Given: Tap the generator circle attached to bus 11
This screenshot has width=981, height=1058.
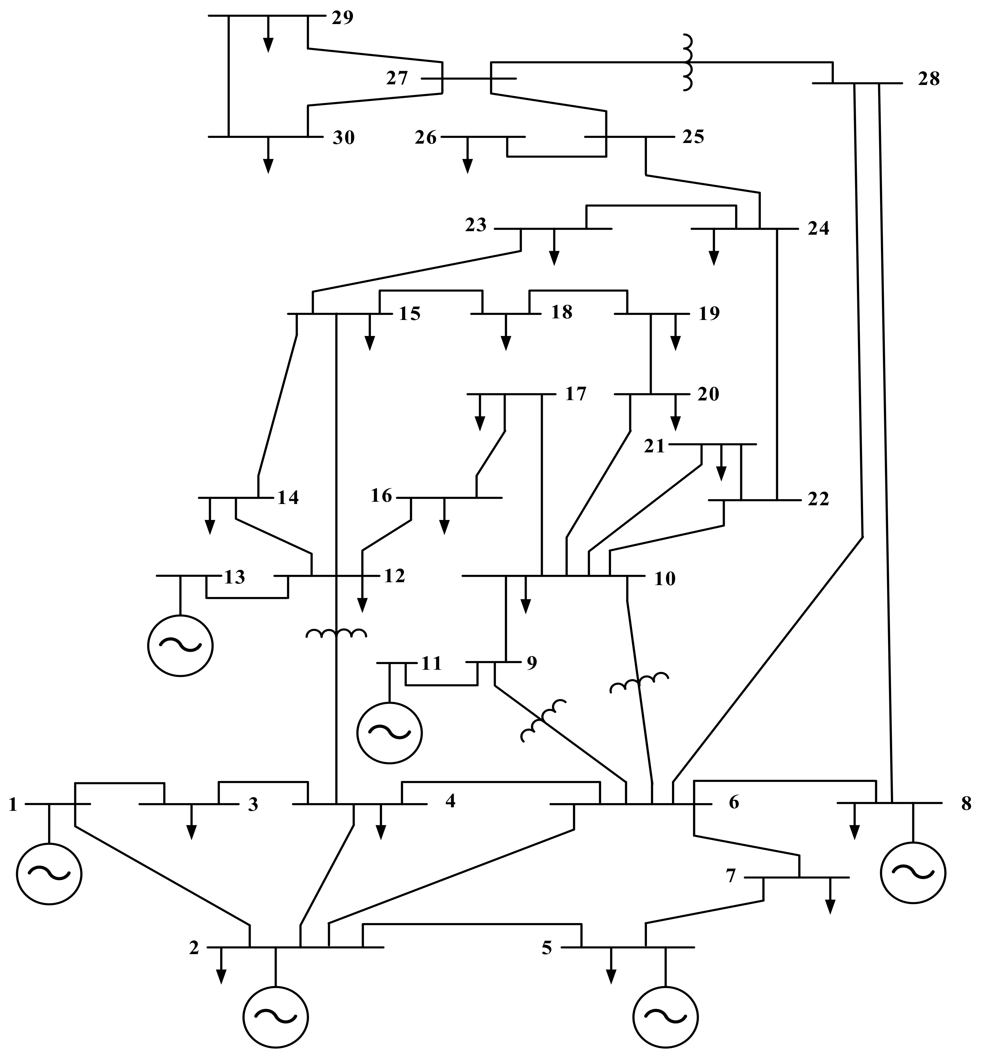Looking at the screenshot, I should pos(390,733).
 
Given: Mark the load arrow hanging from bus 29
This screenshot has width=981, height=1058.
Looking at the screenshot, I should pos(269,37).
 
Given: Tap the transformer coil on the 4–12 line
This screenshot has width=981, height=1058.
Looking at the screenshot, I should pos(337,633).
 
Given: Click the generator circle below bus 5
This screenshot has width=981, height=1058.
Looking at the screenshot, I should pos(665,1017).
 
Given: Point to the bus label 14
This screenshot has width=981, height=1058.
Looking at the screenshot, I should pos(288,498).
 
